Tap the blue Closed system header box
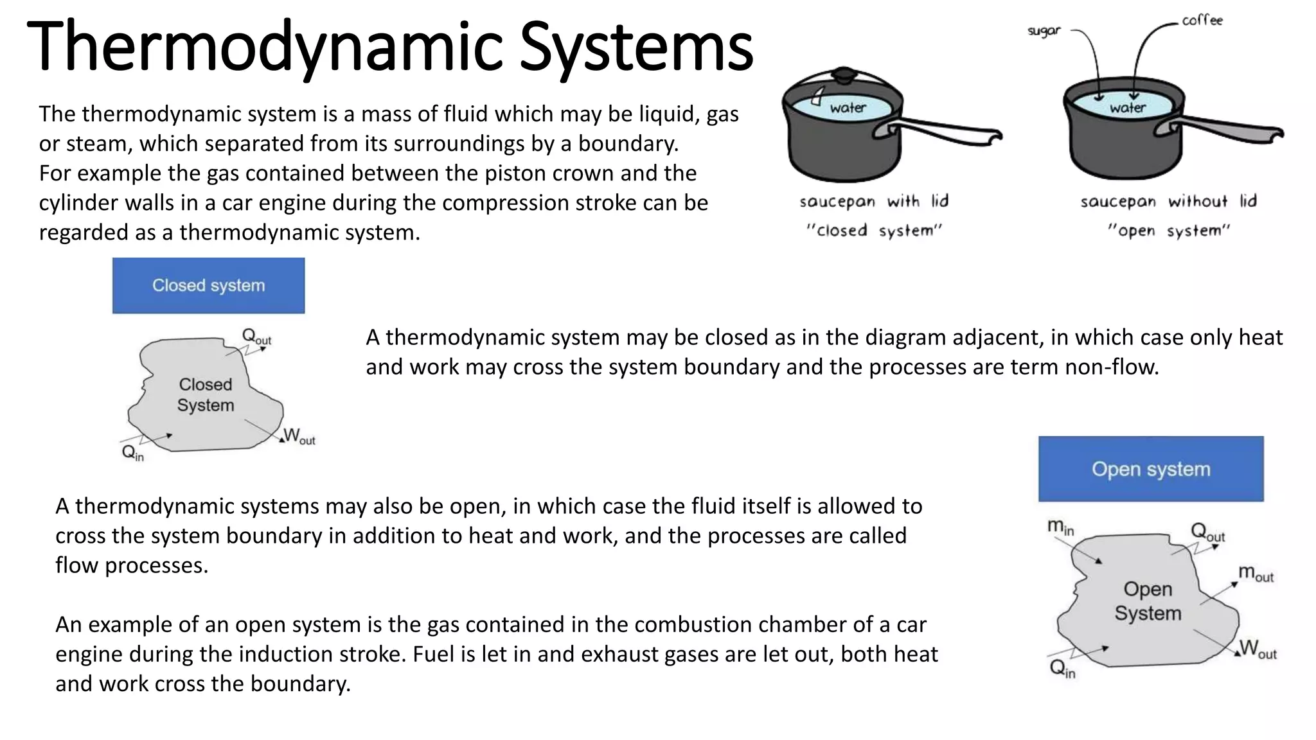coord(208,286)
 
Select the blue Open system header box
coord(1150,469)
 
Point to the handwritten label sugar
coord(1044,30)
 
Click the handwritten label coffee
coord(1202,21)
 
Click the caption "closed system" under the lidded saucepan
coord(874,231)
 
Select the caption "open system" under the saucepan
coord(1168,231)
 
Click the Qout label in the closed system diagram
coord(256,336)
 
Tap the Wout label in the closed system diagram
coord(299,437)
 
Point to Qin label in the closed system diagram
coord(132,454)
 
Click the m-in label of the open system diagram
coord(1060,527)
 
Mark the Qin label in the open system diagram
coord(1062,669)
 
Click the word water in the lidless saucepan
coord(1127,108)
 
